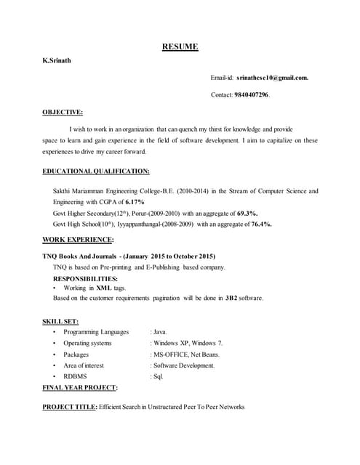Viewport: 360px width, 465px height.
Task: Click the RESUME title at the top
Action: (x=179, y=47)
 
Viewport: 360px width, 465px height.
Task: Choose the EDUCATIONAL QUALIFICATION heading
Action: (x=96, y=171)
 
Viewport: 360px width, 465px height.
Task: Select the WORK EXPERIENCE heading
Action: (x=78, y=239)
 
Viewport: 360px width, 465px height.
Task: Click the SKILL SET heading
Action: (x=60, y=320)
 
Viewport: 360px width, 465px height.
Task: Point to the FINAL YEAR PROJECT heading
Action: (x=80, y=388)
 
